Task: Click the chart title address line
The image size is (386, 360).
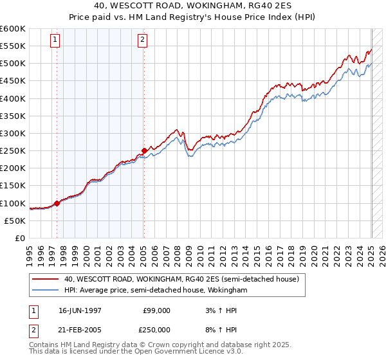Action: [x=193, y=6]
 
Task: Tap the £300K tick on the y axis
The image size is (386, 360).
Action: [x=14, y=133]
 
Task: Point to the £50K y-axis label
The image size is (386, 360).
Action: [x=17, y=221]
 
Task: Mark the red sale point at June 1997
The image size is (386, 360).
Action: [x=57, y=203]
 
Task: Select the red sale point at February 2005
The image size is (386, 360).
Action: [x=144, y=151]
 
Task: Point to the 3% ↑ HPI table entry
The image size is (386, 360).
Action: [x=219, y=310]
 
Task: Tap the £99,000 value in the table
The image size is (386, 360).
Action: [x=157, y=310]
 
